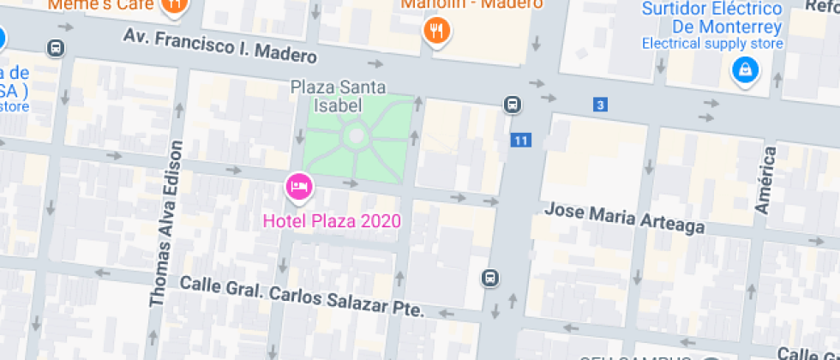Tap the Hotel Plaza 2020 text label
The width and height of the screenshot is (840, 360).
click(332, 220)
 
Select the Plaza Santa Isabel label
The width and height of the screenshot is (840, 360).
click(338, 96)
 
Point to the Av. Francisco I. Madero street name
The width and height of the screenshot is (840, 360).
click(220, 46)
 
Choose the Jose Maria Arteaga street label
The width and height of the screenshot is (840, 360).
click(625, 218)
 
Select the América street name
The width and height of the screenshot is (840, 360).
click(765, 180)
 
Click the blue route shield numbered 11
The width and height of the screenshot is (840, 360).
click(519, 140)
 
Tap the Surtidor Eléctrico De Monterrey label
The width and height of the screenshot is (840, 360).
click(712, 17)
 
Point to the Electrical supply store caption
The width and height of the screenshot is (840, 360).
click(712, 44)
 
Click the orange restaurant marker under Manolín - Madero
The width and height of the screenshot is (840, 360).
click(437, 32)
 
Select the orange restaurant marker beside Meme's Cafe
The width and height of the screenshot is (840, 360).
click(175, 5)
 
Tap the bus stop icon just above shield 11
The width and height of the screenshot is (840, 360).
click(512, 105)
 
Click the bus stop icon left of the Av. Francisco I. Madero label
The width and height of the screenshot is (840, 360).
click(57, 48)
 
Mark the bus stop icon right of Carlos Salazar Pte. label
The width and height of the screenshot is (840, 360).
click(489, 278)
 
